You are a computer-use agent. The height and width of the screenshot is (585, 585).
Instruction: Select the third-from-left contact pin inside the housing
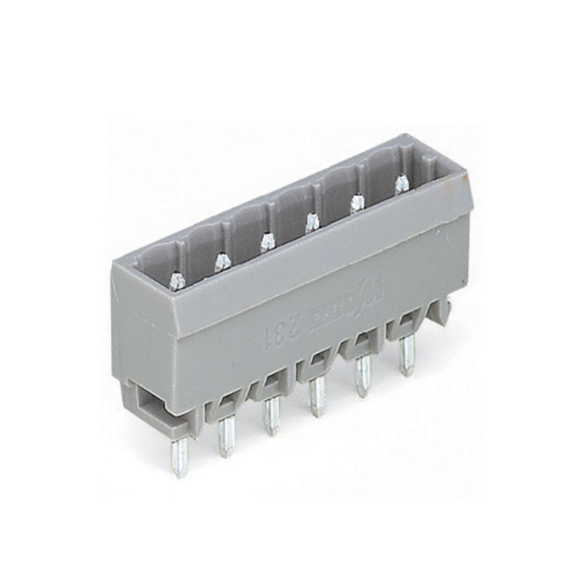(266, 241)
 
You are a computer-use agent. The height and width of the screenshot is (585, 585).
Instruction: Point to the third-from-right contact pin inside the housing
(312, 222)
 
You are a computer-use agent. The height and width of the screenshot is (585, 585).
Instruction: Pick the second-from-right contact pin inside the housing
(357, 203)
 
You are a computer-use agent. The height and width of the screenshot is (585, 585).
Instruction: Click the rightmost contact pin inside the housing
(401, 184)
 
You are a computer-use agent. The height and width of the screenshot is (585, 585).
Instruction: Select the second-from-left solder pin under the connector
(227, 437)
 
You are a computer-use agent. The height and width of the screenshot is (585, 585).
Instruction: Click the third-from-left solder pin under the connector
(272, 418)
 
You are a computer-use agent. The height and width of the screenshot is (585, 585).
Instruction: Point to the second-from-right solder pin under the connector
(362, 379)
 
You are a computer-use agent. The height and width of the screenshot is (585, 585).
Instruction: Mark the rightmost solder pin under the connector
(407, 356)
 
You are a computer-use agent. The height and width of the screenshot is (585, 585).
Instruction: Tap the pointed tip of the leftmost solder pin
(180, 473)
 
